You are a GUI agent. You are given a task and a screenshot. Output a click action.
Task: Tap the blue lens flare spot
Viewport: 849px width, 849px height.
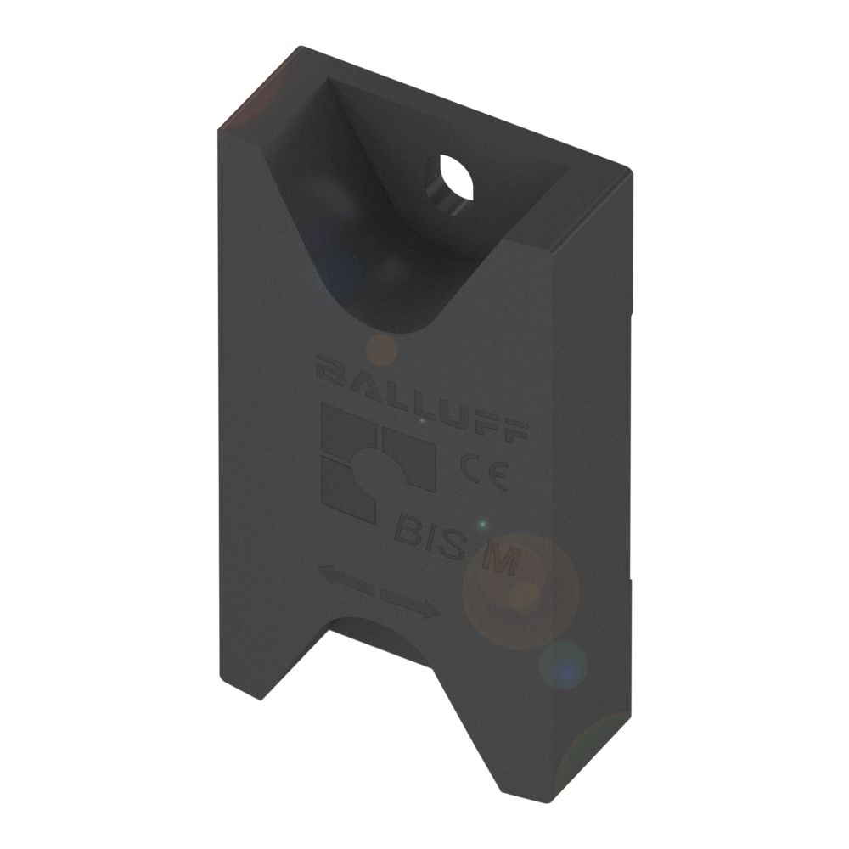(563, 664)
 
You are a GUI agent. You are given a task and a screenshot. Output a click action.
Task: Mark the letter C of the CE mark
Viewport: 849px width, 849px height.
(469, 468)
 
